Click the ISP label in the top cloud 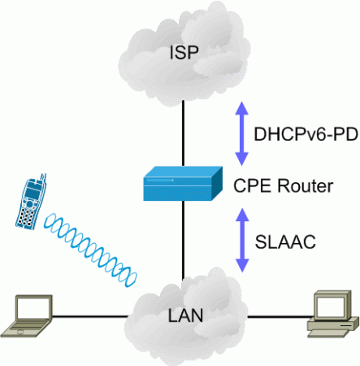[184, 52]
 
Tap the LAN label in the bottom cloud [185, 316]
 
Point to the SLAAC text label [285, 242]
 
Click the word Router [306, 186]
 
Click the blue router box [183, 184]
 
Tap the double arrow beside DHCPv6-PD [241, 133]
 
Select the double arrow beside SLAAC [242, 240]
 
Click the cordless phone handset [30, 203]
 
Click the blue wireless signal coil [90, 250]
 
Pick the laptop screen [34, 307]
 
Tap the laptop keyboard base [25, 329]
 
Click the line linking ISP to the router [184, 134]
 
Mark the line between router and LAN [184, 240]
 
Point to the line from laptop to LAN [90, 316]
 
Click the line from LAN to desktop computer [280, 316]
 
